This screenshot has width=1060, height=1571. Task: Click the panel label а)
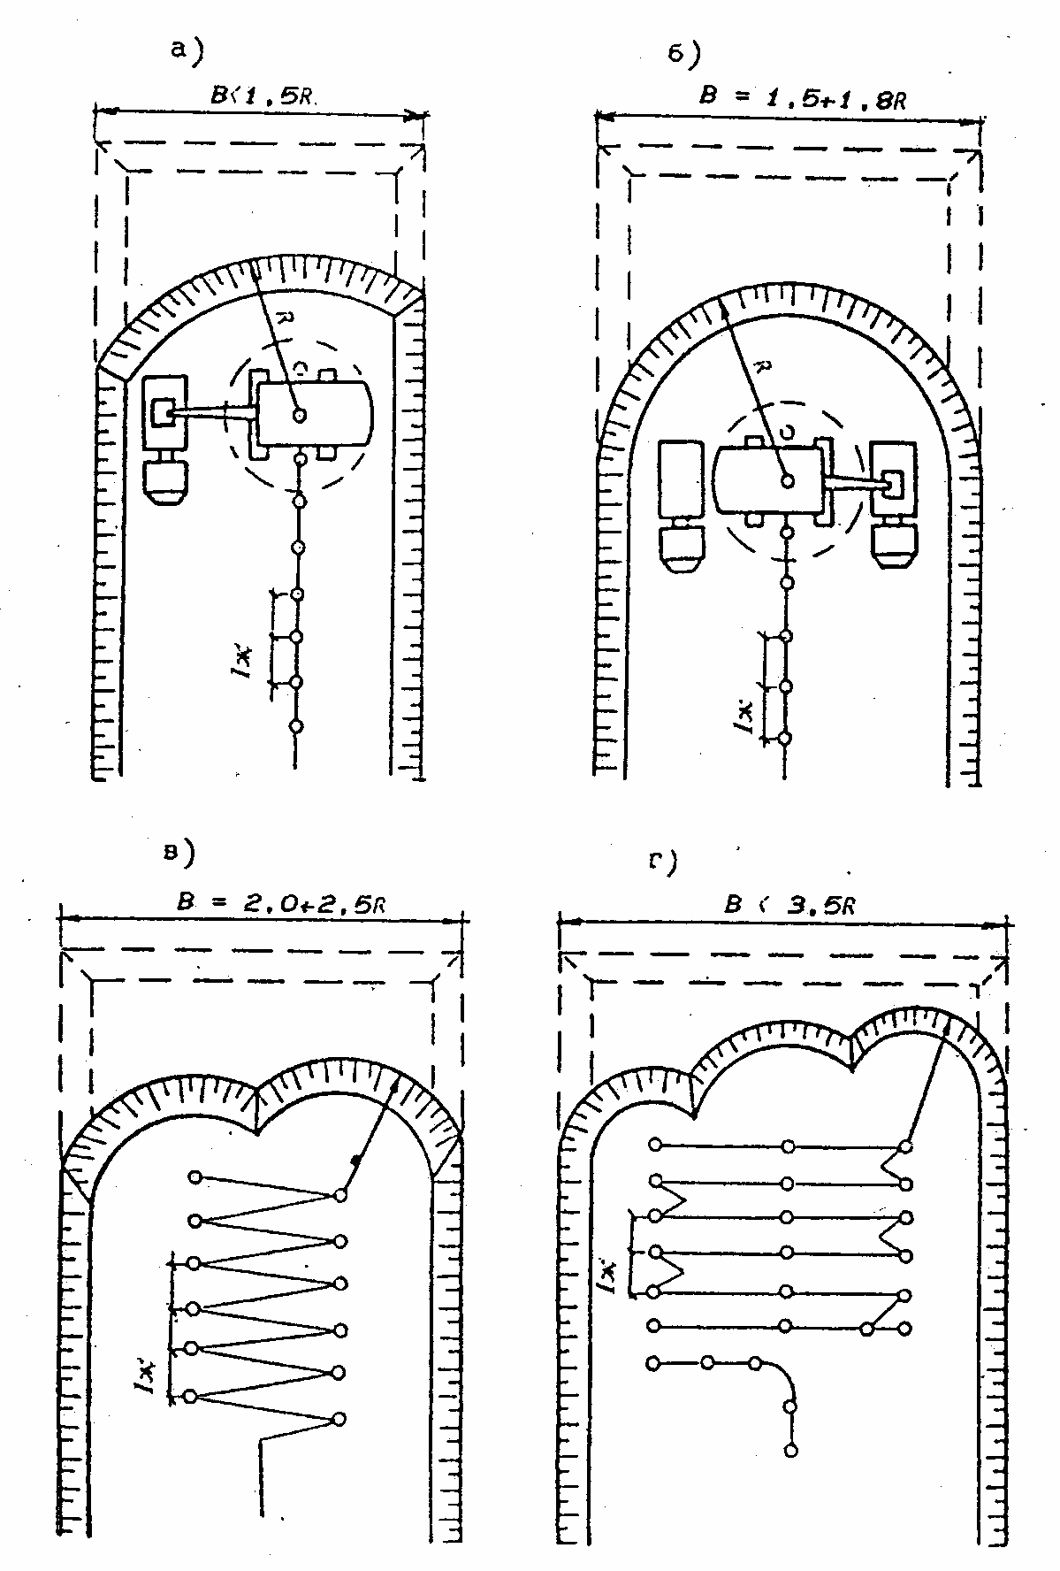(x=187, y=51)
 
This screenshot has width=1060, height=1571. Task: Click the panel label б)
(x=683, y=56)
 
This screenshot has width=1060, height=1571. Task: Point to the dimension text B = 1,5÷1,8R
(x=802, y=97)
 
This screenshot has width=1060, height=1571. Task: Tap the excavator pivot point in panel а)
(x=301, y=414)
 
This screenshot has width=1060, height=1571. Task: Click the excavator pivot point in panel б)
(x=786, y=481)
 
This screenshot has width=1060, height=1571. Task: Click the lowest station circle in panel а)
(x=297, y=726)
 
